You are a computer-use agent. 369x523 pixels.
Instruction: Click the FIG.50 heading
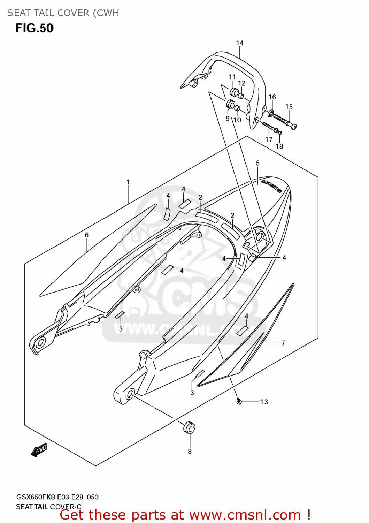coord(34,28)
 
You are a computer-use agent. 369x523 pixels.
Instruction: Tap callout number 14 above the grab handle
coord(239,43)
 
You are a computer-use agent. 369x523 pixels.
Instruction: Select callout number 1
coord(128,182)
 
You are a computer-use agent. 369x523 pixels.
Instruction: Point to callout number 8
coord(190,452)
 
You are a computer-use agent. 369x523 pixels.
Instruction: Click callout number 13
coord(264,402)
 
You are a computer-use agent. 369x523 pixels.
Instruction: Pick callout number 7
coord(283,343)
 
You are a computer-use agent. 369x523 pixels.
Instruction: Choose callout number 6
coord(87,235)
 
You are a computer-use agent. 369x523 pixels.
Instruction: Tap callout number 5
coord(258,163)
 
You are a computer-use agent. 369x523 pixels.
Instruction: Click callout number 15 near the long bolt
coord(289,107)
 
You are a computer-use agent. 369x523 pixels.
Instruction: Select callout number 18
coord(279,146)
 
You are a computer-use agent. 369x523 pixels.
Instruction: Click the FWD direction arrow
coord(39,450)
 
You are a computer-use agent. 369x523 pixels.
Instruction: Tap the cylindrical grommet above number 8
coord(189,427)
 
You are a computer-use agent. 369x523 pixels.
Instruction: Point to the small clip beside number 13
coord(239,401)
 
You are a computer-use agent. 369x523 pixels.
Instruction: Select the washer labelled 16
coord(270,113)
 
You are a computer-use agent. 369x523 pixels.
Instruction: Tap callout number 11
coord(232,77)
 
